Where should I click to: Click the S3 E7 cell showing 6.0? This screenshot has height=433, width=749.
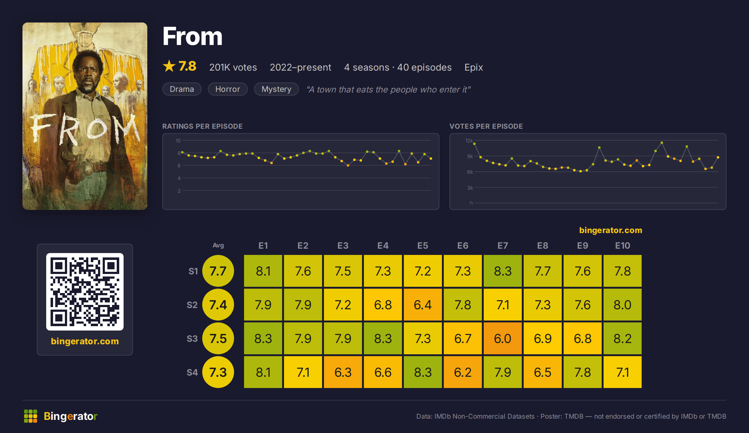(502, 338)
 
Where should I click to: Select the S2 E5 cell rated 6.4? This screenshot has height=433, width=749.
(423, 305)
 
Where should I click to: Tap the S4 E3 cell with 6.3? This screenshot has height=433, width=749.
(343, 372)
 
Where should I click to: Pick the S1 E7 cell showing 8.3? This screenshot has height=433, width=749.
(502, 271)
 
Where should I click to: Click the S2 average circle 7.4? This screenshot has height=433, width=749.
(218, 305)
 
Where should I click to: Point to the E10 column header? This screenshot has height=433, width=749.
(623, 246)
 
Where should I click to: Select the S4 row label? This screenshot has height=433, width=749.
(192, 372)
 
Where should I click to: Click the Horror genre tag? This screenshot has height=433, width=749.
(228, 89)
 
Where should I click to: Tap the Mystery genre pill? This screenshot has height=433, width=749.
(276, 89)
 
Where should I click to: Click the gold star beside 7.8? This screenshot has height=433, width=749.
(169, 66)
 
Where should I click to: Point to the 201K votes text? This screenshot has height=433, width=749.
(233, 67)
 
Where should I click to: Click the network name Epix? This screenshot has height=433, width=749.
(473, 67)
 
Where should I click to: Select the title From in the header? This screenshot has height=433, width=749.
(192, 36)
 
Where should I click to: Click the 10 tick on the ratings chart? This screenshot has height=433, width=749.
(178, 141)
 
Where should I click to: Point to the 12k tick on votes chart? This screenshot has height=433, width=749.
(469, 141)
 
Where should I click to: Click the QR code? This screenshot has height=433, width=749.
(85, 292)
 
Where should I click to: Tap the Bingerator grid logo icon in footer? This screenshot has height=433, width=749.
(31, 416)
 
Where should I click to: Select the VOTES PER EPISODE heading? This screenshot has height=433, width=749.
(486, 126)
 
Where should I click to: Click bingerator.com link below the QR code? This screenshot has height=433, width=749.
(85, 341)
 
